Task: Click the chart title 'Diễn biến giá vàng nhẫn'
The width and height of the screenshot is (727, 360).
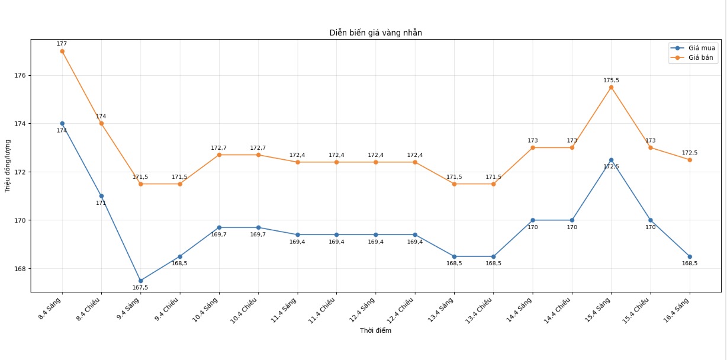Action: [x=375, y=33]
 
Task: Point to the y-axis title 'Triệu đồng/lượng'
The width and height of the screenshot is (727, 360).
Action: [x=8, y=166]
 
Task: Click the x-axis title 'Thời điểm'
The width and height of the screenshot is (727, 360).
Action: [x=375, y=330]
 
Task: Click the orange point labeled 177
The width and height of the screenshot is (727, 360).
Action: [x=62, y=51]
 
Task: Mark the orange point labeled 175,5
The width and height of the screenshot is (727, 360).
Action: [x=611, y=87]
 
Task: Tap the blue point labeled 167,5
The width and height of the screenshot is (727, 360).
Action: [x=140, y=281]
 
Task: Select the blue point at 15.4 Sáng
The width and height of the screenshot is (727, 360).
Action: [x=611, y=160]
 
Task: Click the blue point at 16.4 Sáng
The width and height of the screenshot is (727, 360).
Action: [x=690, y=256]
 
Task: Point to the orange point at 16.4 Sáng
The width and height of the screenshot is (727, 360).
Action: [x=690, y=160]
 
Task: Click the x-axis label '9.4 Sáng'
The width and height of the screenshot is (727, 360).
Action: [x=130, y=308]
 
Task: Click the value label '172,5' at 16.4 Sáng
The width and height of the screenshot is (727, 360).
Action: [x=690, y=153]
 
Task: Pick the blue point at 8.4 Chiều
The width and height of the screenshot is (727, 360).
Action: [x=101, y=196]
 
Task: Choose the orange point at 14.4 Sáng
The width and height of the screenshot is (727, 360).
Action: [x=533, y=147]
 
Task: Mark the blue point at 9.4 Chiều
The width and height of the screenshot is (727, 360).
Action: [x=180, y=256]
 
